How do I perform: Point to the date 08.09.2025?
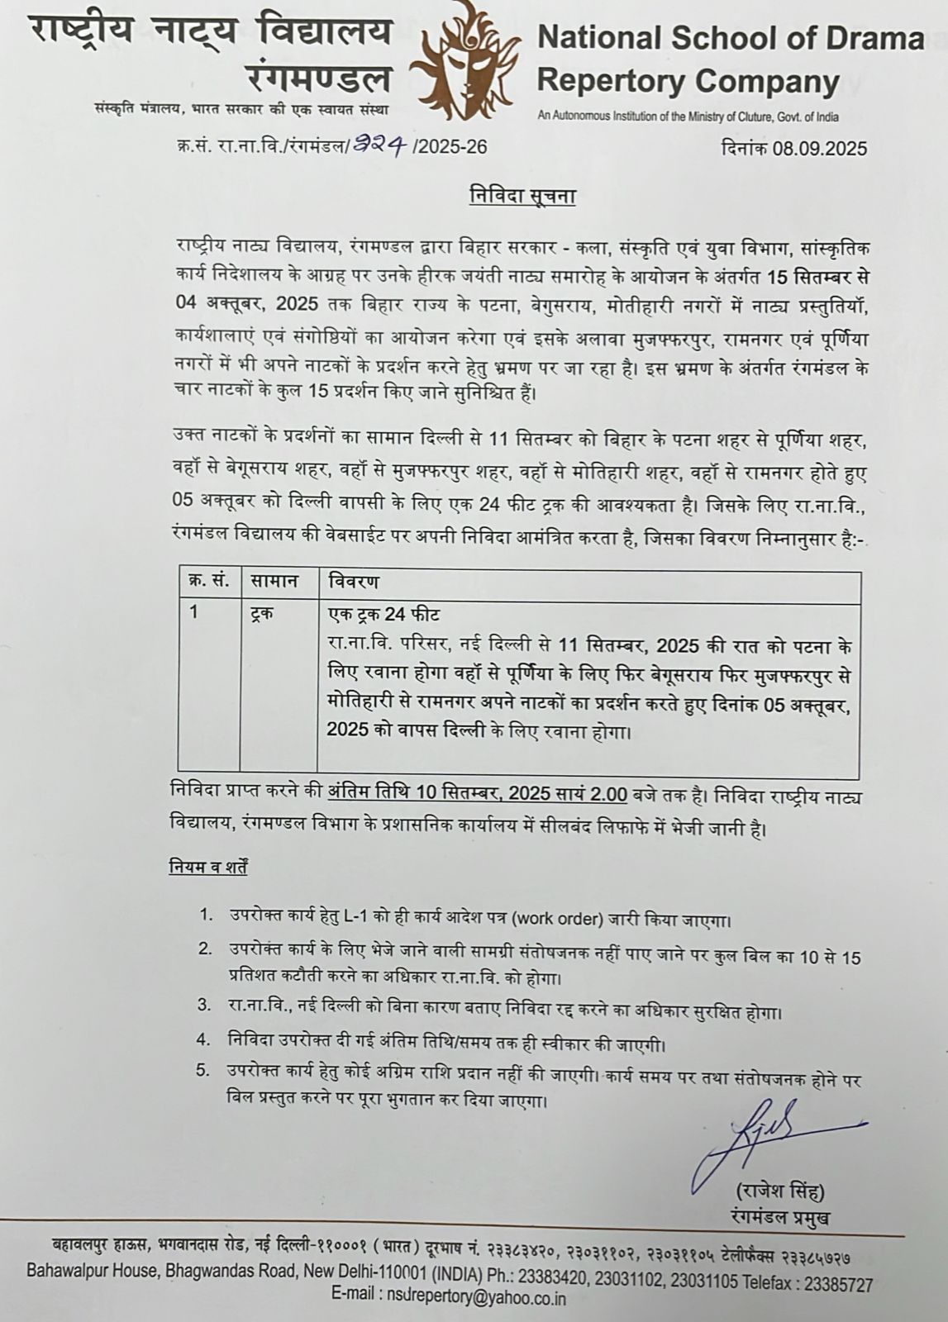click(x=820, y=148)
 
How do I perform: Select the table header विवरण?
click(x=354, y=582)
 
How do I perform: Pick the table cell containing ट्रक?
click(x=263, y=615)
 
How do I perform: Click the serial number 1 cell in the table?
click(x=194, y=615)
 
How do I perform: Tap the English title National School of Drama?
click(x=731, y=39)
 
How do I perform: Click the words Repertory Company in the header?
click(x=688, y=82)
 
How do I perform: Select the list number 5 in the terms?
click(x=203, y=1070)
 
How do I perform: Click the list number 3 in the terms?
click(x=203, y=1005)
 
